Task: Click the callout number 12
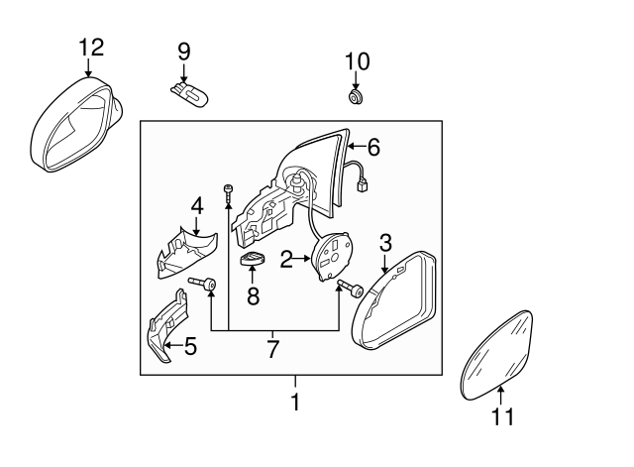(x=90, y=46)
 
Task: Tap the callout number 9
(x=183, y=50)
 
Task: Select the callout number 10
(x=357, y=60)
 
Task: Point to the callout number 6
(x=372, y=148)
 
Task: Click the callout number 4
(x=196, y=206)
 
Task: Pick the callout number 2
(x=285, y=260)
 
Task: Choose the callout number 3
(x=386, y=241)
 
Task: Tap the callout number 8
(x=253, y=294)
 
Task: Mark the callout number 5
(x=190, y=346)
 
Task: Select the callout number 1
(x=294, y=404)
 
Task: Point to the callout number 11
(x=503, y=417)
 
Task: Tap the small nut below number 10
(x=356, y=97)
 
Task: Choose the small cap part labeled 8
(x=254, y=263)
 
